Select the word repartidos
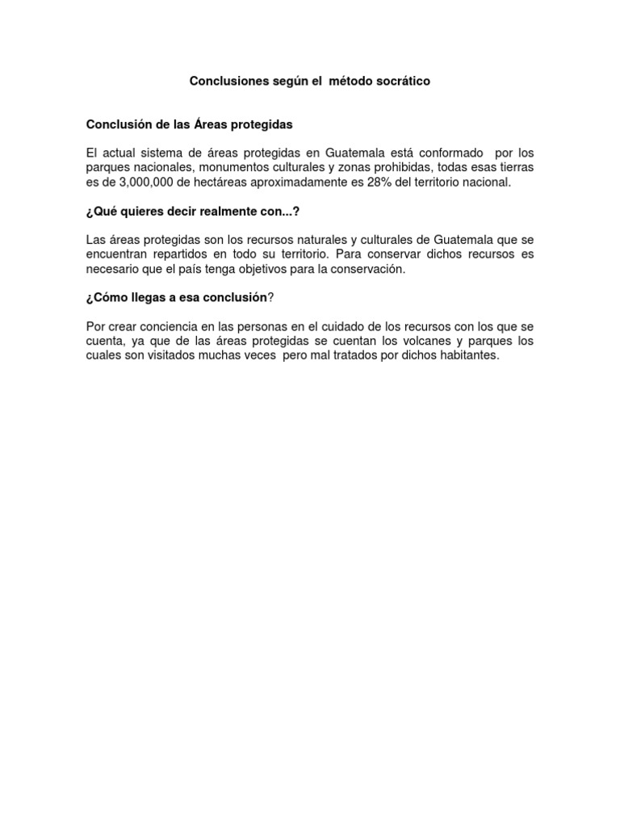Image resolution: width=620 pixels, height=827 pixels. pyautogui.click(x=181, y=254)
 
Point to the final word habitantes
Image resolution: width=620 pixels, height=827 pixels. pyautogui.click(x=470, y=356)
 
